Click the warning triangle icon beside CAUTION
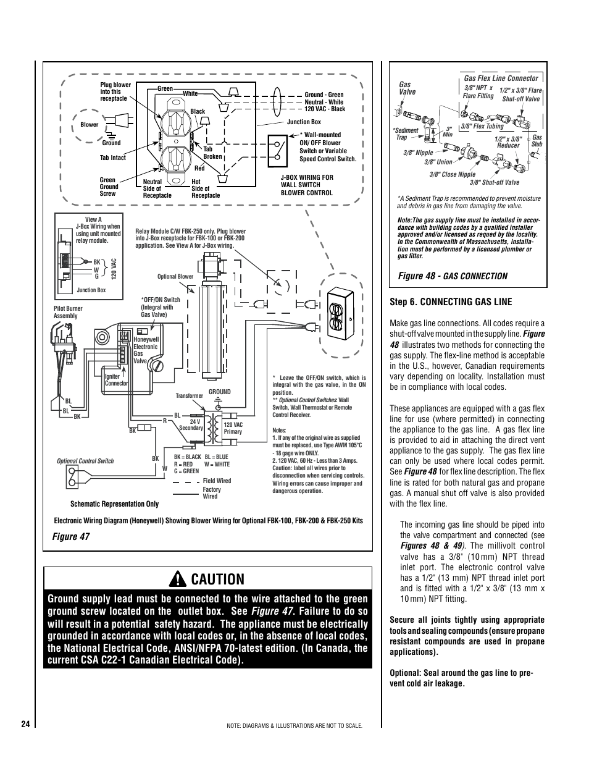point(178,579)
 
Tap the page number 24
point(25,724)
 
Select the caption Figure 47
point(71,536)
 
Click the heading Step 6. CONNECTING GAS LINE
point(451,302)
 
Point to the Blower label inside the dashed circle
point(89,125)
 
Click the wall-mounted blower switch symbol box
point(277,151)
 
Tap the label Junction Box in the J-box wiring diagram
point(304,122)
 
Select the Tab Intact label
point(112,158)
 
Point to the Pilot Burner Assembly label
point(68,312)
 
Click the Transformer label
point(189,396)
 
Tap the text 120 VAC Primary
point(233,428)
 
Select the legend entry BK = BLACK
point(187,457)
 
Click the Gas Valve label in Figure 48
point(407,88)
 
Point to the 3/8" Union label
point(438,162)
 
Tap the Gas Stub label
point(537,140)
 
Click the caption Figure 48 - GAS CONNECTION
point(453,276)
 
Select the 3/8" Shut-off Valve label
point(495,182)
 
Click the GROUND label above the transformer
point(220,392)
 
